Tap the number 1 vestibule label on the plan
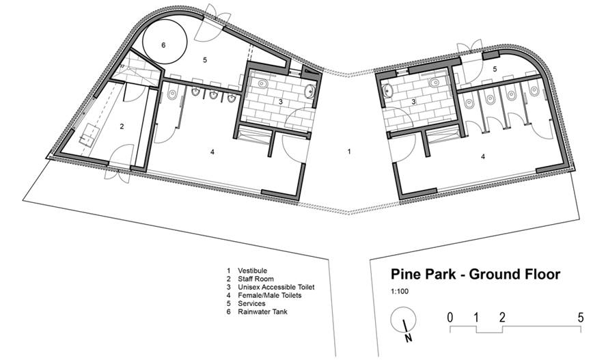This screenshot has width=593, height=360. (349, 151)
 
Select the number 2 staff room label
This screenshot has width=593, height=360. (122, 126)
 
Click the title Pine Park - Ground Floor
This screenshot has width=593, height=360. (475, 274)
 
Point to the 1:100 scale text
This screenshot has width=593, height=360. (400, 292)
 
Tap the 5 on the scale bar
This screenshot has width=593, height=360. (581, 318)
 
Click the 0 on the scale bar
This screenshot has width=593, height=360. (450, 318)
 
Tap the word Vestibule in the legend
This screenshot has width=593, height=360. (252, 271)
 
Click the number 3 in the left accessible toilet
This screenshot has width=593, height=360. (281, 102)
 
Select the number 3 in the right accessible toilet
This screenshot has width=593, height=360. (413, 102)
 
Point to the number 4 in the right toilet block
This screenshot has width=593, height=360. (483, 156)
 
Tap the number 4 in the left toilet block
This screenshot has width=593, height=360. (212, 152)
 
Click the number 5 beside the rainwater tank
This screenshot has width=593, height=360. (205, 59)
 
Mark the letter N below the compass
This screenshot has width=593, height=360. (409, 337)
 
